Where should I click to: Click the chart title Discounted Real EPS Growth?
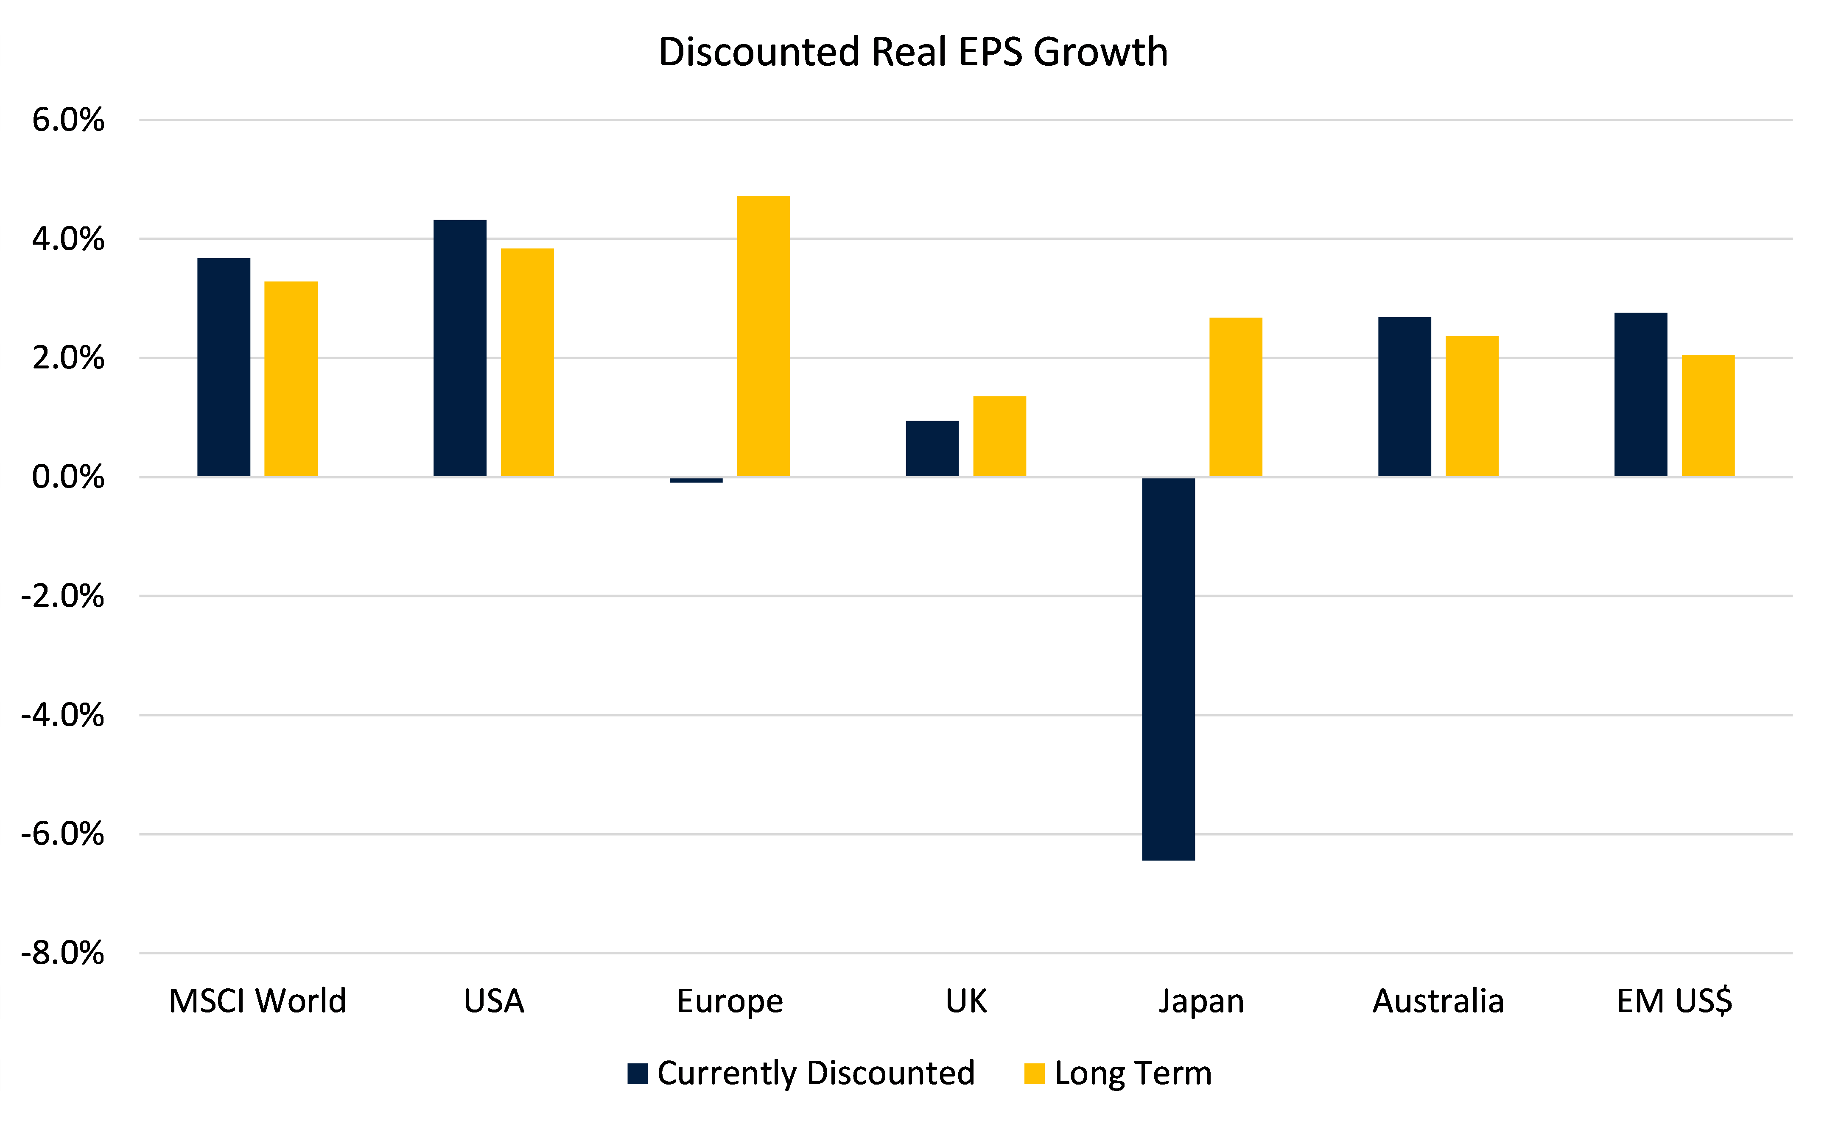pyautogui.click(x=913, y=52)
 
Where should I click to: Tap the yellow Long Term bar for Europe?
pyautogui.click(x=763, y=336)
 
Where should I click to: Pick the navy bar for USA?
pyautogui.click(x=459, y=348)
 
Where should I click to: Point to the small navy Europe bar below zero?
pyautogui.click(x=696, y=480)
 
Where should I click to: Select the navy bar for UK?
pyautogui.click(x=932, y=448)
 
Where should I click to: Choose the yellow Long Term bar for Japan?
pyautogui.click(x=1235, y=397)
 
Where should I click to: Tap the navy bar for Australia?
pyautogui.click(x=1404, y=396)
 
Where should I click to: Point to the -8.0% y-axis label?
pyautogui.click(x=62, y=953)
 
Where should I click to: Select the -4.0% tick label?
pyautogui.click(x=62, y=715)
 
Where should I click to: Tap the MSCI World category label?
pyautogui.click(x=257, y=1001)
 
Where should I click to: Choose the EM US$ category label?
pyautogui.click(x=1675, y=1001)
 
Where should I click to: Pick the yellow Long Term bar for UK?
pyautogui.click(x=999, y=436)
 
